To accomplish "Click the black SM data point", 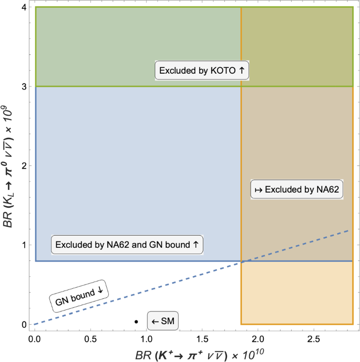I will [136, 321].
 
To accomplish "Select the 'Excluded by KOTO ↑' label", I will [202, 70].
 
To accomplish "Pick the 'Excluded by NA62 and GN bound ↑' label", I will [127, 245].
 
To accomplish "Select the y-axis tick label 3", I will [24, 86].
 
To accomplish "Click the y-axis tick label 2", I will [24, 166].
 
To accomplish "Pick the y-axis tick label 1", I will [24, 245].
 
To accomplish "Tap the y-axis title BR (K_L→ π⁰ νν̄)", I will [9, 165].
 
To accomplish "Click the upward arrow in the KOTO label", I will [242, 70].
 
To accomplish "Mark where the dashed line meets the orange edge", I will [241, 262].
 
